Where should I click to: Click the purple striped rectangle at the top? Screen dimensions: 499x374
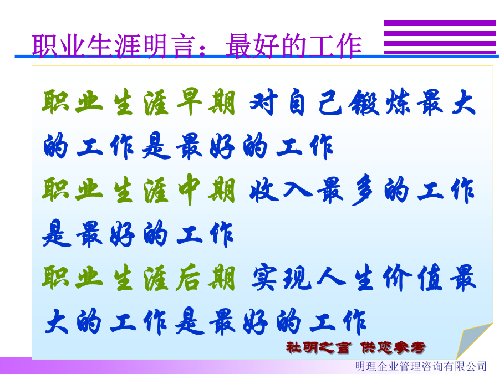tap(440, 35)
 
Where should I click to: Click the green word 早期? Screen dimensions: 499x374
tap(206, 102)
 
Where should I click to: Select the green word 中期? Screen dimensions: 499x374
tap(206, 189)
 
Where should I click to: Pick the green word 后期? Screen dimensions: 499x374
tap(206, 278)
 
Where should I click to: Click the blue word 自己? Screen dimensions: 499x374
tap(315, 103)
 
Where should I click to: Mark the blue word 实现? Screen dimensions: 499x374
tap(282, 278)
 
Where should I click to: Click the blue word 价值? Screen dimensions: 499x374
tap(413, 278)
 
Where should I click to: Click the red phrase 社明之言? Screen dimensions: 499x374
tap(319, 347)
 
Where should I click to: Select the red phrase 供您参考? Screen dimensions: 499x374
tap(393, 347)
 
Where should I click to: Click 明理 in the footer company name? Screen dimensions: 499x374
tap(366, 366)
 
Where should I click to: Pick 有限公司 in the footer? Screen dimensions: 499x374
tap(466, 366)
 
